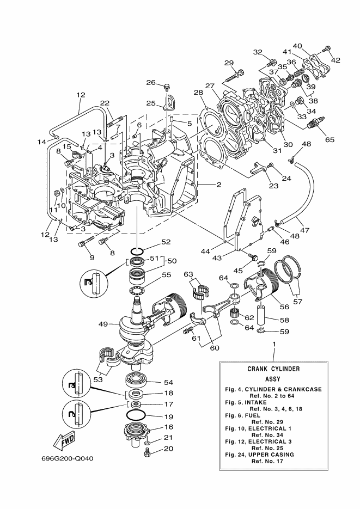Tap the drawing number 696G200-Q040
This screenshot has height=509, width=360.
pos(67,459)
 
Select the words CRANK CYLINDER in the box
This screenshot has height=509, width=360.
pos(273,369)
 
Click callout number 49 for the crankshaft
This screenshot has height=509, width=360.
pos(104,324)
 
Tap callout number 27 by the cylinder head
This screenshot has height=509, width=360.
pos(210,86)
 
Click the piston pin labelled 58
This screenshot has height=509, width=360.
pos(263,314)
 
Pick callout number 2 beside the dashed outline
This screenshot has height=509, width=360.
pos(219,185)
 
